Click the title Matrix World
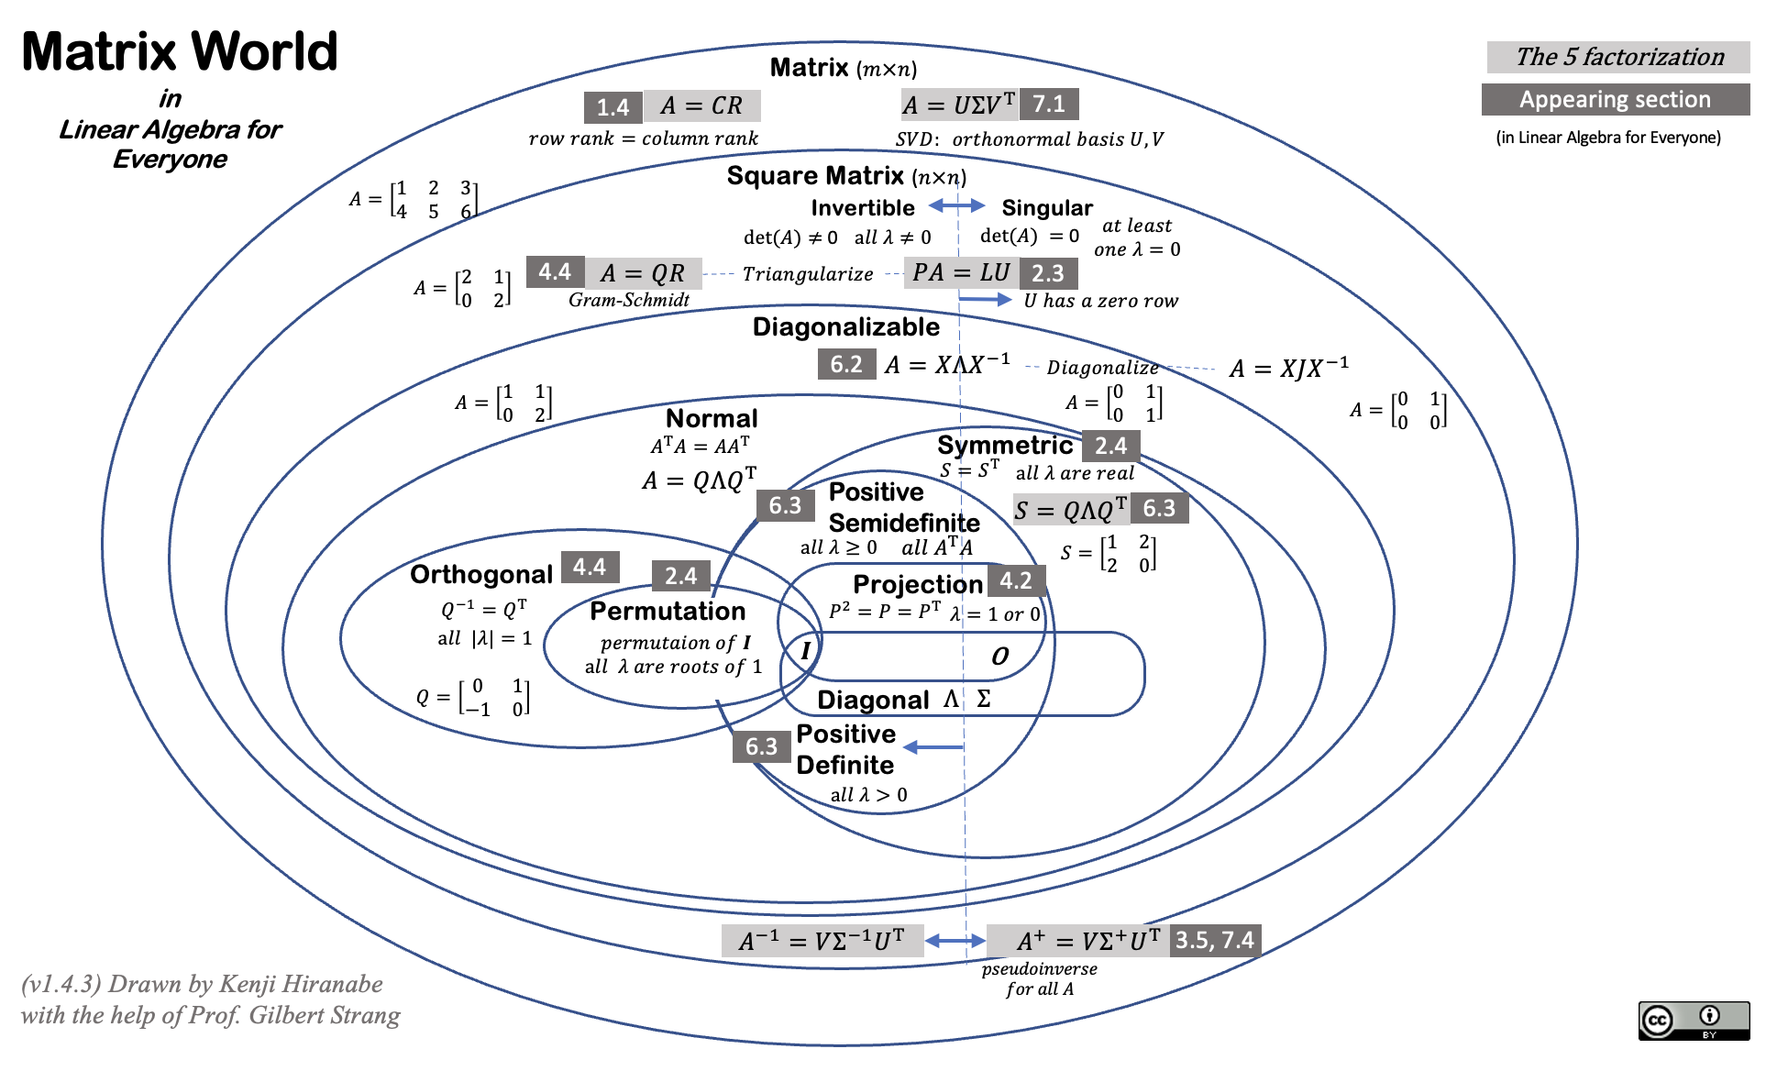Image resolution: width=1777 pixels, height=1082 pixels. [180, 51]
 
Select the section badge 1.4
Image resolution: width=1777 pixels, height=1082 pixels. [613, 107]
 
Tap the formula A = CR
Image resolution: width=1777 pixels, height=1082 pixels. [702, 105]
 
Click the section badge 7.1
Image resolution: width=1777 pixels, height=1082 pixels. [1049, 104]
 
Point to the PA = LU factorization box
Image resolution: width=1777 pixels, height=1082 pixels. [961, 272]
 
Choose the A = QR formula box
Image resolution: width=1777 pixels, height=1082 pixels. [643, 273]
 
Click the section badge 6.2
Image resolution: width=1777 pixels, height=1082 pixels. [845, 365]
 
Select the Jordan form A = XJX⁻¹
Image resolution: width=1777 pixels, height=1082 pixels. [1289, 368]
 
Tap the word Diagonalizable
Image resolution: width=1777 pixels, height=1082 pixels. [845, 327]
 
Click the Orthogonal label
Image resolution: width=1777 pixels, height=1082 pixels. [481, 574]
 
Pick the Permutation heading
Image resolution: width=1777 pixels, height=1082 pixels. [668, 611]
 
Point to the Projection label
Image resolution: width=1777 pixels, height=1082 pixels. [917, 584]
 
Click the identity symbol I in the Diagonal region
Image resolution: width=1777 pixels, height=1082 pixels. [806, 651]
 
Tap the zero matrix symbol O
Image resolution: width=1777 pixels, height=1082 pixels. [999, 657]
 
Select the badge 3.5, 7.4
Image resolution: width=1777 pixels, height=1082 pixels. [1215, 940]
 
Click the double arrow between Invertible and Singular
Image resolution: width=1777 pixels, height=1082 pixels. [956, 205]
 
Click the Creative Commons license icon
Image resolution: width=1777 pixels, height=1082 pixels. [1694, 1021]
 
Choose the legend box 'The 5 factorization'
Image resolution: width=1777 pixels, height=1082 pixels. [1618, 57]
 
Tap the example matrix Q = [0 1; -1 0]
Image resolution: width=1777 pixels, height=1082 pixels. [473, 698]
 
